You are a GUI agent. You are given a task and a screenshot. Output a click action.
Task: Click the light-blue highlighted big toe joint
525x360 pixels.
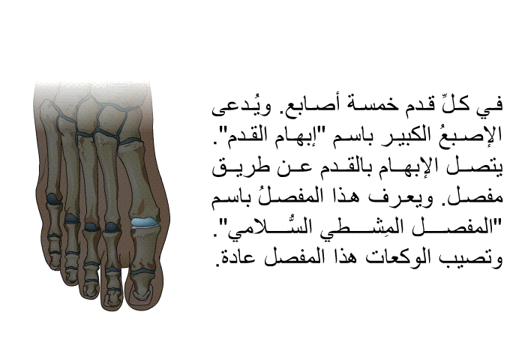[145, 222]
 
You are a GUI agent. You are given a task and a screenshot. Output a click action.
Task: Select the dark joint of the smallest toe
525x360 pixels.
[54, 199]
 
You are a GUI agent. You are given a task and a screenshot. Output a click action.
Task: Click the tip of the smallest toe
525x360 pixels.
[55, 259]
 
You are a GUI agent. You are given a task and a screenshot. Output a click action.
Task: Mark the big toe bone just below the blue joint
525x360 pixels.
[145, 248]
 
